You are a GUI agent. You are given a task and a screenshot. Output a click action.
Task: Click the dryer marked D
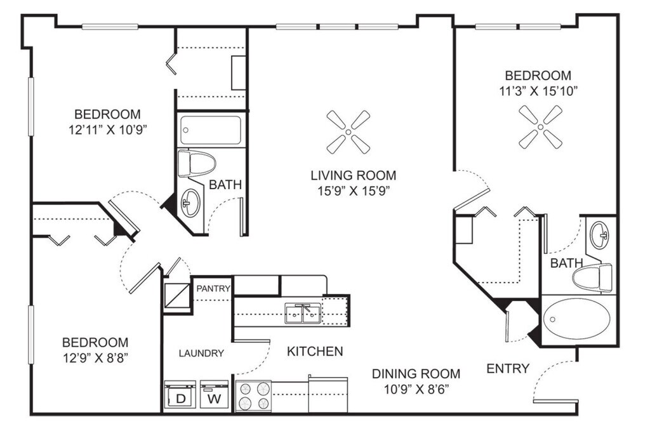[x=180, y=395]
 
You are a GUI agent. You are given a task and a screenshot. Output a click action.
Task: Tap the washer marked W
[x=215, y=395]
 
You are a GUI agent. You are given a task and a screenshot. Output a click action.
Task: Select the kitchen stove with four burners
[x=253, y=396]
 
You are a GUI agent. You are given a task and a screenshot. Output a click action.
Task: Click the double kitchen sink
[x=303, y=314]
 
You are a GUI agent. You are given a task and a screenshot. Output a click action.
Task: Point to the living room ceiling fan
[x=348, y=132]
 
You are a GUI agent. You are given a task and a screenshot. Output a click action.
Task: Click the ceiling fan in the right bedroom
[x=541, y=126]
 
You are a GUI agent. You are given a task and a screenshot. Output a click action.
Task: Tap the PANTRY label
[x=213, y=288]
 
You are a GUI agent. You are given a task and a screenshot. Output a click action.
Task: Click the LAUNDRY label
[x=201, y=353]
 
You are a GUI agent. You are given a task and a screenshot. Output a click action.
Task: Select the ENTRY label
[x=508, y=368]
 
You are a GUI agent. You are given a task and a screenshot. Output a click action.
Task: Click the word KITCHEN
[x=315, y=352]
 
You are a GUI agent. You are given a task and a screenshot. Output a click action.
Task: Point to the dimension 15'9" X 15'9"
[x=353, y=191]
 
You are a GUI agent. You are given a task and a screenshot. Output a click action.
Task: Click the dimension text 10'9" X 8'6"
[x=416, y=389]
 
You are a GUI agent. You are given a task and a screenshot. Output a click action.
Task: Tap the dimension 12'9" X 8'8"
[x=95, y=357]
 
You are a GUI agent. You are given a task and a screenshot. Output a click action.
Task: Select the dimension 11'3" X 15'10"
[x=538, y=91]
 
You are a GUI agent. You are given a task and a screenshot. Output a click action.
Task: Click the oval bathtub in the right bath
[x=576, y=319]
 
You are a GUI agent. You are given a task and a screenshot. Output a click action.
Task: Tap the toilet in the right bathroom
[x=592, y=277]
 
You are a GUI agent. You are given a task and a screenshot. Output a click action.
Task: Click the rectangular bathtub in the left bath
[x=211, y=130]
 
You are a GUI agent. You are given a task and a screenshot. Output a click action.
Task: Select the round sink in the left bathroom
[x=190, y=202]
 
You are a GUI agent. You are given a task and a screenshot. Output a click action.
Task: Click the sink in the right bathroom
[x=599, y=235]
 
